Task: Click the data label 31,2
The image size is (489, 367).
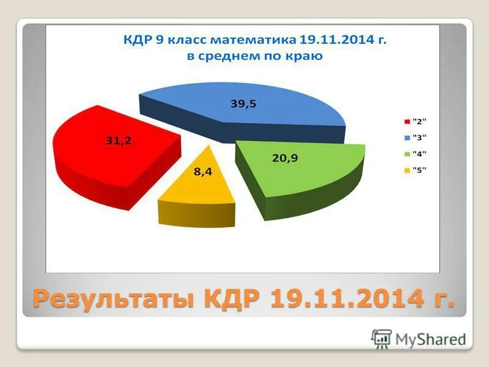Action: pos(119,141)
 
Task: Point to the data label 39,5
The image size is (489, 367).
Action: pos(243,104)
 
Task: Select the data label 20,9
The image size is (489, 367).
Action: pos(285,158)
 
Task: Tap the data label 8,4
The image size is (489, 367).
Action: pos(203,172)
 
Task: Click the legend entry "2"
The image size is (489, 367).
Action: pos(419,120)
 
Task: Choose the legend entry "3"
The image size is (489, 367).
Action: pos(419,137)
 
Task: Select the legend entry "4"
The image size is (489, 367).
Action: pos(419,154)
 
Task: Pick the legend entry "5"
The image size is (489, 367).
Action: pos(419,170)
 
